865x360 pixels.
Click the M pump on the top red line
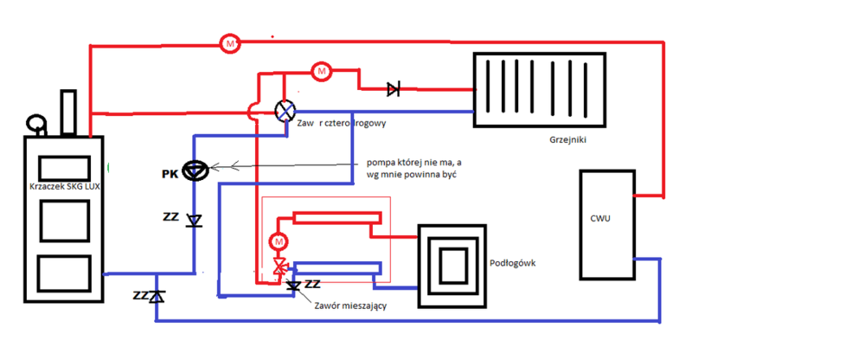[229, 42]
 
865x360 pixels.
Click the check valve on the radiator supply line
[394, 88]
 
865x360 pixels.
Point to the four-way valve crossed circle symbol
[285, 111]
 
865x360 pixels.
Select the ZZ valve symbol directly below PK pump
[195, 220]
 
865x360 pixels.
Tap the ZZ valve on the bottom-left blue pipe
[155, 297]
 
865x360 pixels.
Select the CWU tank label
[602, 218]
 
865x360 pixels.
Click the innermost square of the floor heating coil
[453, 262]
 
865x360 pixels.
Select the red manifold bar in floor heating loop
[336, 217]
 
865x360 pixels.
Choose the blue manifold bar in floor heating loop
[336, 267]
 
